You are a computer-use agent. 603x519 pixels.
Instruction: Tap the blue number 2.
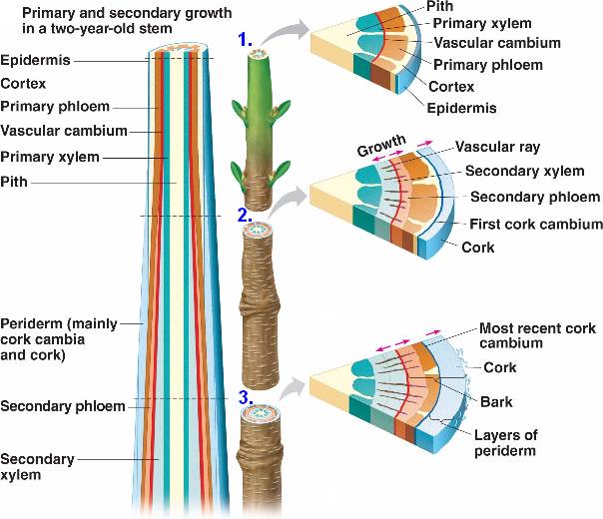[244, 214]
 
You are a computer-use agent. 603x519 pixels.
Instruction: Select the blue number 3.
[245, 398]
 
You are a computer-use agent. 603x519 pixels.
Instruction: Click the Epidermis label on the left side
[36, 60]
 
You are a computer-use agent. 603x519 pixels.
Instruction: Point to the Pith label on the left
[14, 182]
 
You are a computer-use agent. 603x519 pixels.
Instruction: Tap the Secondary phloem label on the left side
[63, 406]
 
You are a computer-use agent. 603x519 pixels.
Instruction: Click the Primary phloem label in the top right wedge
[488, 65]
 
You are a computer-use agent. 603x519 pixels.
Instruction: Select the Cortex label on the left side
[22, 83]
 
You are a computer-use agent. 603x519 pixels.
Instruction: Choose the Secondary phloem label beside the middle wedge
[535, 197]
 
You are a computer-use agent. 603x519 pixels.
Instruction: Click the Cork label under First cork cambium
[478, 247]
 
